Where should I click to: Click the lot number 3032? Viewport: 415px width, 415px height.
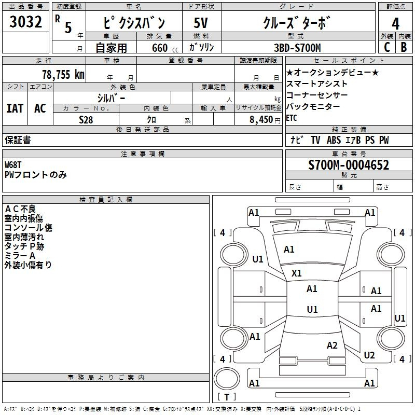click(x=25, y=22)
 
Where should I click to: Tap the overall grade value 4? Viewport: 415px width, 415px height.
click(x=395, y=23)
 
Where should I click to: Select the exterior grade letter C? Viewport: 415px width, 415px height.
click(x=387, y=47)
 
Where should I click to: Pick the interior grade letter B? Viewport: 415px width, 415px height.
click(x=404, y=47)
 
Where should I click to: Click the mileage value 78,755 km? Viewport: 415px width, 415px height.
click(x=63, y=74)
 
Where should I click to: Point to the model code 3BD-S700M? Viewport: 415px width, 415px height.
click(x=297, y=48)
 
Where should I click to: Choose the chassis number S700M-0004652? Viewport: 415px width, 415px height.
click(x=349, y=165)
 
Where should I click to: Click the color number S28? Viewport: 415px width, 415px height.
click(x=86, y=120)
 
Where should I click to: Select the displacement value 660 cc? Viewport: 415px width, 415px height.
click(x=165, y=48)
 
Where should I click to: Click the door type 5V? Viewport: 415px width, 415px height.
click(x=201, y=23)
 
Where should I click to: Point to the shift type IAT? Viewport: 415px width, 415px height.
click(x=15, y=108)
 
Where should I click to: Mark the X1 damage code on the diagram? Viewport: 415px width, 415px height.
click(x=296, y=273)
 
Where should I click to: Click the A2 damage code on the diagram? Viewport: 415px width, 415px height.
click(x=332, y=345)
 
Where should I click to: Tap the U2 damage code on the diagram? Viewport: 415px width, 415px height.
click(x=369, y=355)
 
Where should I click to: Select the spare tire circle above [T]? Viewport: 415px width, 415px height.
click(x=227, y=378)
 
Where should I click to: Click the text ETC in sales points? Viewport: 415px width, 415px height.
click(x=292, y=118)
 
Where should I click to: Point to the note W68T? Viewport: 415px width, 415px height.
click(x=12, y=165)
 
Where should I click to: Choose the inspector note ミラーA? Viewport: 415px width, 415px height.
click(x=20, y=255)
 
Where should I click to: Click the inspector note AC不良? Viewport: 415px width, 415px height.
click(x=20, y=209)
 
